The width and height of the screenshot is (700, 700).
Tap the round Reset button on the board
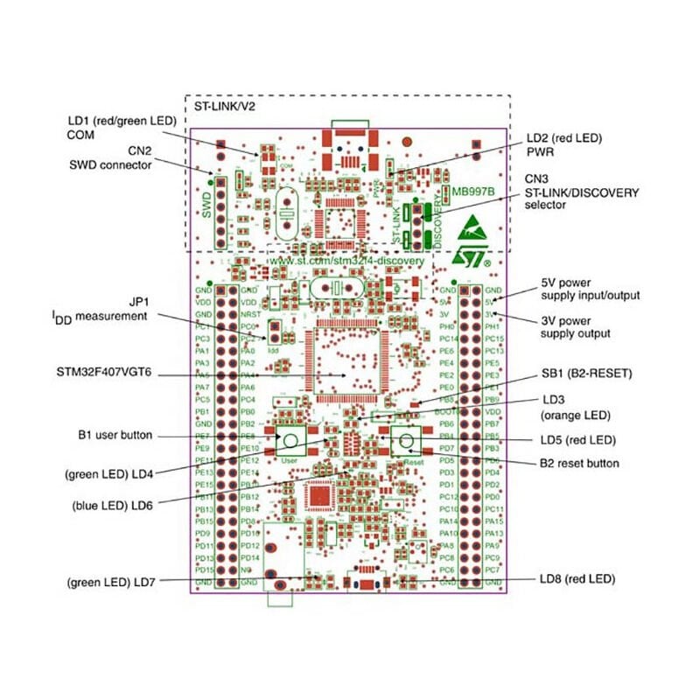(x=408, y=441)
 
